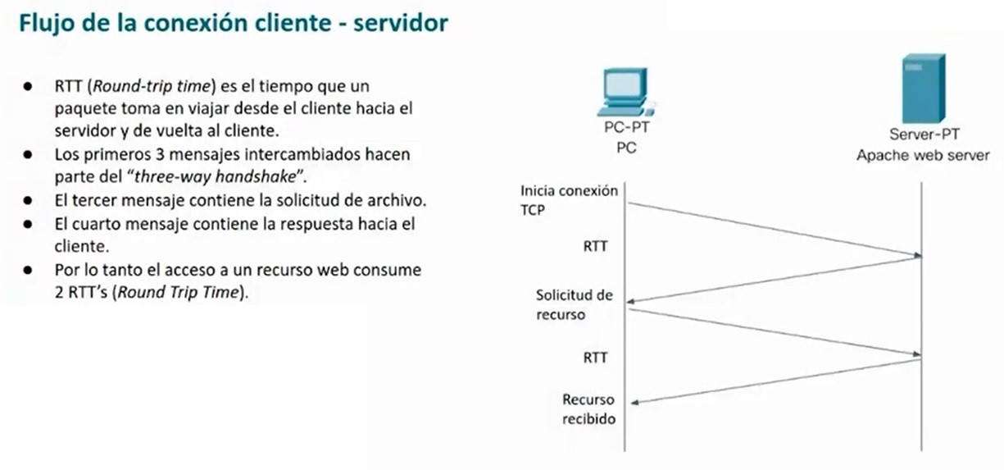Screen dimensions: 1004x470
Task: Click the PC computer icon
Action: (626, 93)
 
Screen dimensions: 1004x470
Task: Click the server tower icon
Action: (924, 88)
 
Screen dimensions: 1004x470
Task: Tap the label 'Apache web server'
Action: (923, 155)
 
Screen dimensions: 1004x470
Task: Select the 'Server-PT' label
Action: (924, 134)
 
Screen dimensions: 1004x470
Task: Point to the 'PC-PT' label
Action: (627, 127)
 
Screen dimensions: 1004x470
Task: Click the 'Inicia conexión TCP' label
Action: (569, 200)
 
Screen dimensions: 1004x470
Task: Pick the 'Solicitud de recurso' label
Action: (575, 304)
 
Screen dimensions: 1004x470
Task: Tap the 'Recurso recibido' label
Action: (589, 409)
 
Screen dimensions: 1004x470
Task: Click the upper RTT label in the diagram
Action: (595, 246)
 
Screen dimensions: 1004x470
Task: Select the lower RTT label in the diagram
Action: (595, 358)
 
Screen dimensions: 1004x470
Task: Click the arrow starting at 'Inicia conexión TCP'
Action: (775, 230)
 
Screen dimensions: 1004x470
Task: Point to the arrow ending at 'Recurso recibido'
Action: (776, 381)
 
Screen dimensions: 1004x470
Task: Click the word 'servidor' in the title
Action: (401, 23)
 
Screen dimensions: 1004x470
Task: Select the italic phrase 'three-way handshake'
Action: (216, 176)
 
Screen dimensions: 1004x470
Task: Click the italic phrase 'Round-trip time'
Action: (152, 86)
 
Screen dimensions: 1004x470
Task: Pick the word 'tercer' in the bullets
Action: (94, 200)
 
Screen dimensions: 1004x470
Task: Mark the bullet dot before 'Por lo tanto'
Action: (28, 270)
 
